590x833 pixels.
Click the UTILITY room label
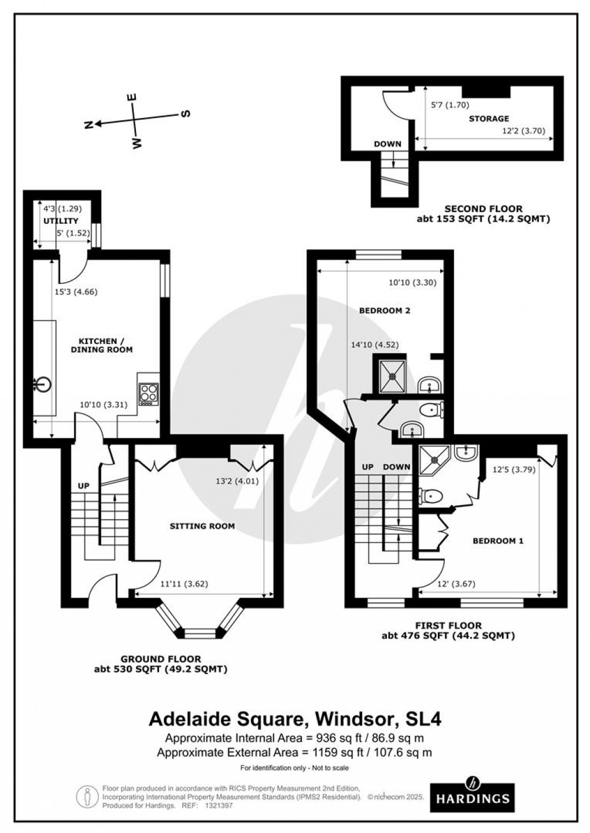[x=60, y=221]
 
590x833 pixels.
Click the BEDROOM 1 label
[x=498, y=541]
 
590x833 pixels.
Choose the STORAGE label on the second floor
[x=489, y=119]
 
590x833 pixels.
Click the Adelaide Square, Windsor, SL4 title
[x=296, y=720]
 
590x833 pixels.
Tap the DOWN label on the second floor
[x=388, y=144]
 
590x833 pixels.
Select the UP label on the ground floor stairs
[x=84, y=486]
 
